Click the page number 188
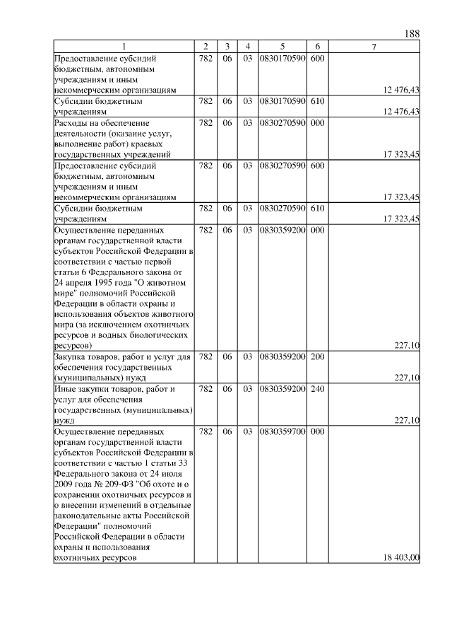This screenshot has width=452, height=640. tap(412, 34)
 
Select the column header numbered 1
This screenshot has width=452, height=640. tap(124, 47)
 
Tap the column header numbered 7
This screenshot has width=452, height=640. tap(374, 47)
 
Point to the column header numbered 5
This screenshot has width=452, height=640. tap(282, 47)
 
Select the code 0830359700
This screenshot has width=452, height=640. tap(282, 430)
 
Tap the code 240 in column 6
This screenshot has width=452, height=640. tap(317, 389)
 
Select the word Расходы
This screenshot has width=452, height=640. tap(71, 122)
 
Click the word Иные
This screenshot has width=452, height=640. tap(65, 389)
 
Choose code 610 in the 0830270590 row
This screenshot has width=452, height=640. tap(317, 209)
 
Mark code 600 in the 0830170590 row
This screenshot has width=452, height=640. tap(317, 58)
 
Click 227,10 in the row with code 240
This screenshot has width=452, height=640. tap(408, 419)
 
